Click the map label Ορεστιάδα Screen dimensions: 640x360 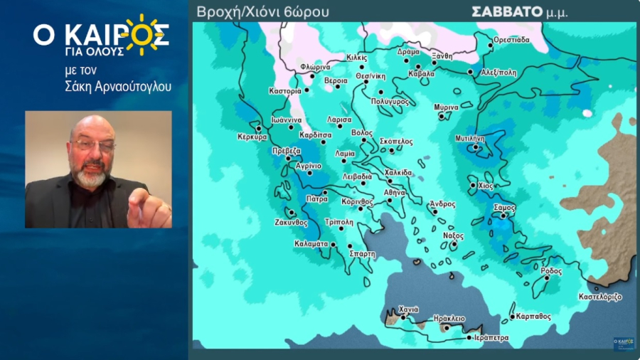click(x=513, y=40)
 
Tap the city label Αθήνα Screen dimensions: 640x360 click(x=395, y=192)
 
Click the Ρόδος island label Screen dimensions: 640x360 click(x=551, y=271)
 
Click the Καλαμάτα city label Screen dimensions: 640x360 click(x=311, y=243)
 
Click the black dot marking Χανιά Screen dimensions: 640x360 click(x=403, y=317)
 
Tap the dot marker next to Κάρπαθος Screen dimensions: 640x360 click(x=512, y=317)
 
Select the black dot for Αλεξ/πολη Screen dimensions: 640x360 click(x=471, y=72)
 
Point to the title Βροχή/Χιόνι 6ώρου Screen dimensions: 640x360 click(x=262, y=12)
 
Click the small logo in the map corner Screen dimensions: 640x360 click(x=624, y=342)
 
